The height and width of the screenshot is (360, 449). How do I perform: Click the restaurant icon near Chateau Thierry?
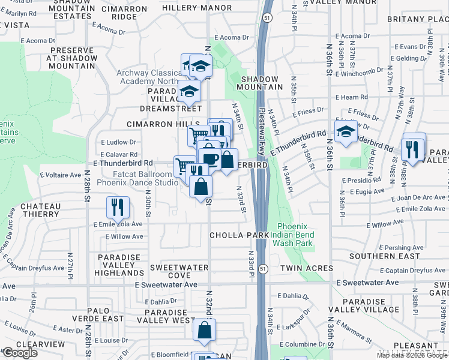118,207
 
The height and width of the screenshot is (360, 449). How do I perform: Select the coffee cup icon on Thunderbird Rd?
209,159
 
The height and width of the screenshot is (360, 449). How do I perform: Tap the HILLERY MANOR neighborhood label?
196,8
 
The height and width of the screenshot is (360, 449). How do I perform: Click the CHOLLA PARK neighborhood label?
238,235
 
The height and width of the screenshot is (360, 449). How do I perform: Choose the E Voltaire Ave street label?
60,175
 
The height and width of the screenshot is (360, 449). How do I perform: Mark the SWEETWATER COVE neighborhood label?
179,271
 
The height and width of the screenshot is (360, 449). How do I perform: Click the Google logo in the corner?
20,353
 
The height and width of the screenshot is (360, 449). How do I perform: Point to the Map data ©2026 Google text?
412,355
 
